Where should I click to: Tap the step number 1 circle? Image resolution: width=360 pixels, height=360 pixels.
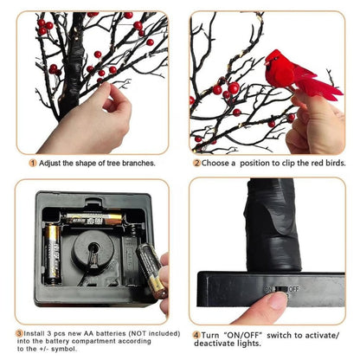[x=33, y=163]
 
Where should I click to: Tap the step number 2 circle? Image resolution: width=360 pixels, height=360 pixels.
[x=196, y=163]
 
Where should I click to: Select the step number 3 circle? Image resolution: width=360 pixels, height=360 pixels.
[x=19, y=332]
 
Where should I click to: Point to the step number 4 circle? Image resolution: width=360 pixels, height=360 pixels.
[x=196, y=334]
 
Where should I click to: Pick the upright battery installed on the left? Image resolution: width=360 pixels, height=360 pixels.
[x=53, y=254]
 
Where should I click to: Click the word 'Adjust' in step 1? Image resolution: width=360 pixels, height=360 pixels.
[x=52, y=163]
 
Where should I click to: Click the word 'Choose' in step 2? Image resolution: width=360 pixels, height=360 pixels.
[x=218, y=163]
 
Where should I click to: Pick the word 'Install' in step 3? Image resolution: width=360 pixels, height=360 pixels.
[x=36, y=332]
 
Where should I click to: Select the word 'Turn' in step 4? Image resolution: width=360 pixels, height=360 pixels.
[x=212, y=334]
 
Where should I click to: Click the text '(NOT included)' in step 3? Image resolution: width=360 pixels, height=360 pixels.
[x=129, y=332]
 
